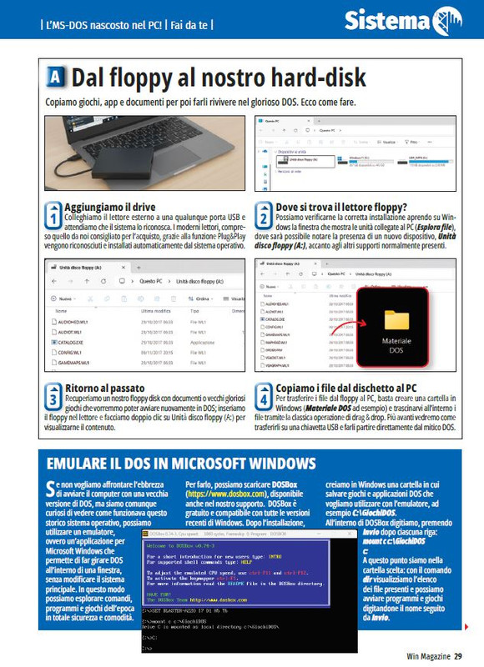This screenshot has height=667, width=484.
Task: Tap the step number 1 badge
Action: [52, 214]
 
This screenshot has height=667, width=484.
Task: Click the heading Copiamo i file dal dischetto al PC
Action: [360, 389]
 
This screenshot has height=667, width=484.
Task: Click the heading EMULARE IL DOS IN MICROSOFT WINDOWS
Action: [181, 463]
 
